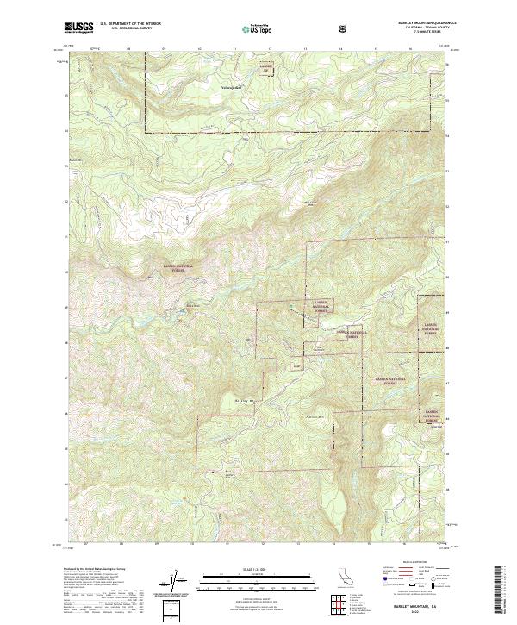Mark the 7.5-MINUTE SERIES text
point(428,32)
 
